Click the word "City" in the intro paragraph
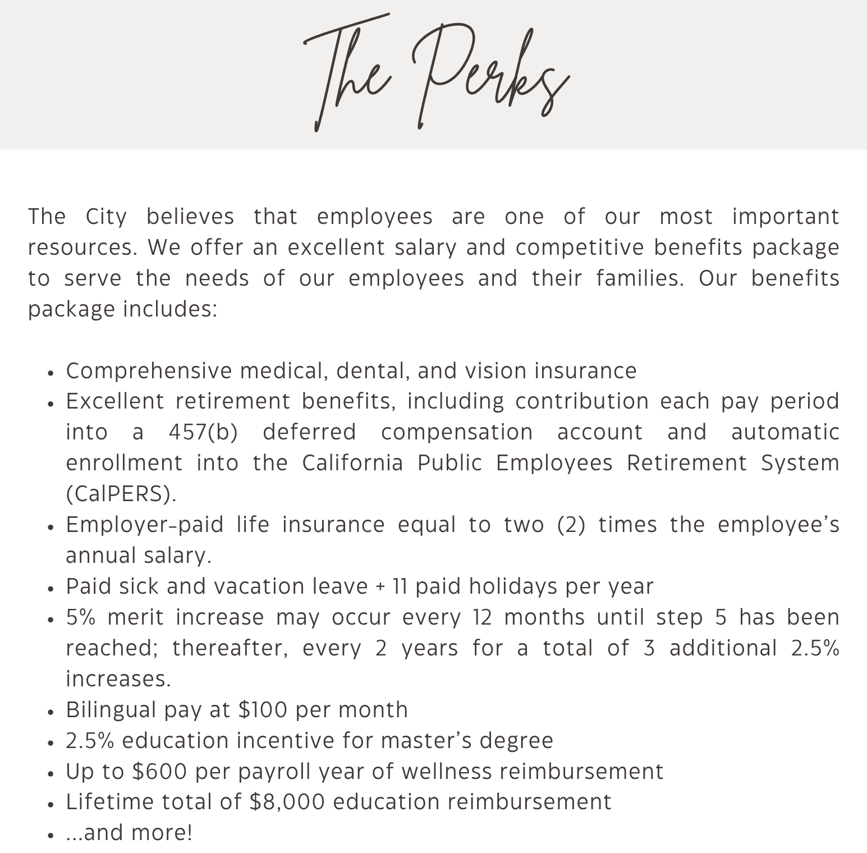[106, 217]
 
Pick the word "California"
[352, 463]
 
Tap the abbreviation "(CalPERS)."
[121, 494]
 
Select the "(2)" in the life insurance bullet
[571, 525]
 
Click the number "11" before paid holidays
[400, 586]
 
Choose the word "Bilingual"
[112, 710]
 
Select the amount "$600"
[159, 772]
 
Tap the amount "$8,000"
[287, 801]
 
